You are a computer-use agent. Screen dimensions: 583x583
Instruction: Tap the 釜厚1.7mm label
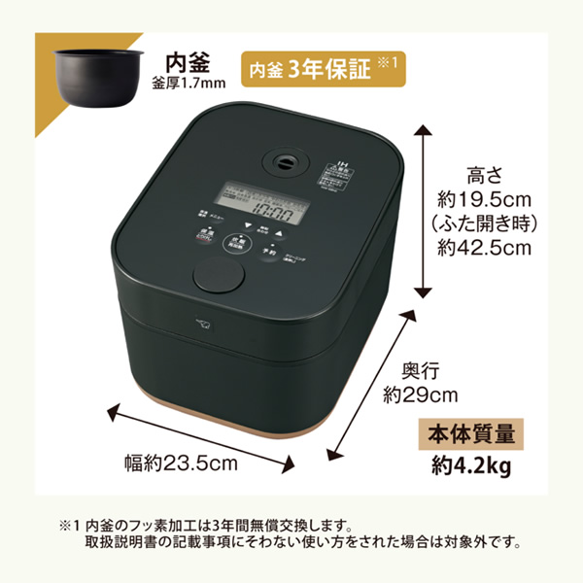(x=189, y=83)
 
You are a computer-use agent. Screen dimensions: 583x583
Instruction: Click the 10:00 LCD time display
(x=273, y=206)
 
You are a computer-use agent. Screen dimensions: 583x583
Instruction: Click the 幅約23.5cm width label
(x=181, y=463)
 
